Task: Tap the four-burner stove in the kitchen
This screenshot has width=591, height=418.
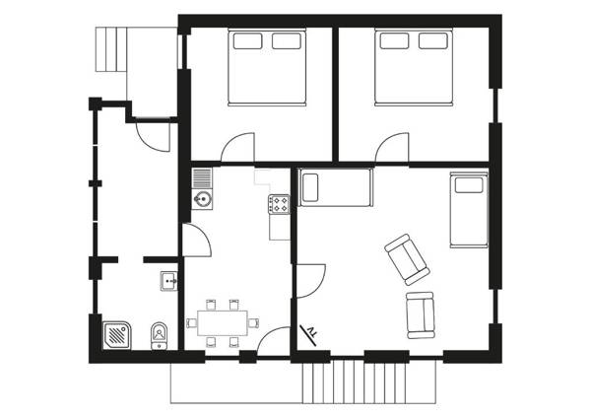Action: [x=278, y=205]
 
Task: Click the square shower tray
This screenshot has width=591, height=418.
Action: [x=117, y=336]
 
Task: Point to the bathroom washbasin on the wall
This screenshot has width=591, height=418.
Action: [x=168, y=282]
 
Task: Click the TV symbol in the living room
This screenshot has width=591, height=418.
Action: [x=309, y=331]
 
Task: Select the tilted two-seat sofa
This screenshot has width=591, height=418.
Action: [x=406, y=258]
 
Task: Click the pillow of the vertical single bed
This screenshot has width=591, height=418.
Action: [x=468, y=184]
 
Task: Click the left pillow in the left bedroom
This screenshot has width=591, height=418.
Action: [x=246, y=40]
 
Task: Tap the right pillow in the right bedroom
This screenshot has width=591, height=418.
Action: [x=433, y=40]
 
